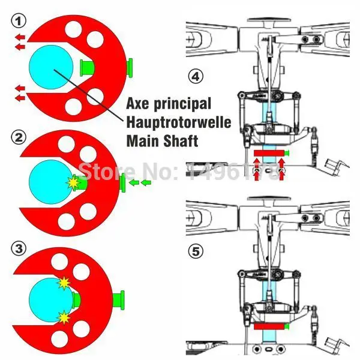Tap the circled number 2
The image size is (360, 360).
pos(19,137)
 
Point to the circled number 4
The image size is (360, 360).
pos(196,76)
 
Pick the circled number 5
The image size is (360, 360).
pos(196,251)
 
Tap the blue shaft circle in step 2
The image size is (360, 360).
pos(51,179)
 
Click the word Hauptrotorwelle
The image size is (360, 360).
pos(170,122)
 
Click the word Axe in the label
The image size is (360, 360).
pos(139,103)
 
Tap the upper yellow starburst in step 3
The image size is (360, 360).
pos(63,281)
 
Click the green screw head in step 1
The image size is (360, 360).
pos(129,67)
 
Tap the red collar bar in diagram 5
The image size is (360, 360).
pos(269,327)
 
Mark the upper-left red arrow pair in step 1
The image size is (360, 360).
pos(19,41)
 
